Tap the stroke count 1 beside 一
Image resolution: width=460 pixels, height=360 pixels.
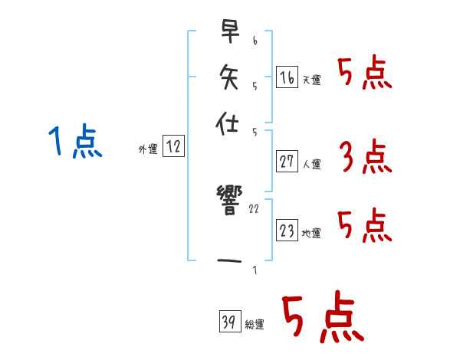pyautogui.click(x=254, y=270)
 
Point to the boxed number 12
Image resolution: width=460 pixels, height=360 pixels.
pyautogui.click(x=174, y=147)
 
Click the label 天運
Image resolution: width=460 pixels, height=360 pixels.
pyautogui.click(x=312, y=80)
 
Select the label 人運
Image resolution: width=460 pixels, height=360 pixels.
pyautogui.click(x=312, y=164)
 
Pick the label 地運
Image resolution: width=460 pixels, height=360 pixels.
pyautogui.click(x=312, y=234)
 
